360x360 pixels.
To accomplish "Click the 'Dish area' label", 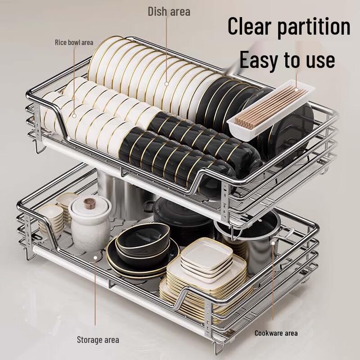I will point(169,11).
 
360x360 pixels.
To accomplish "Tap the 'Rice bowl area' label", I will point(74,43).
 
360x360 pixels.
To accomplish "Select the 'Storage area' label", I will point(98,339).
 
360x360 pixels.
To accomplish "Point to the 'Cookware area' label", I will point(276,333).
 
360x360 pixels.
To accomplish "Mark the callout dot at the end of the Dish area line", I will point(166,83).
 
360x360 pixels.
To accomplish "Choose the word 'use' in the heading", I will point(318,60).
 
